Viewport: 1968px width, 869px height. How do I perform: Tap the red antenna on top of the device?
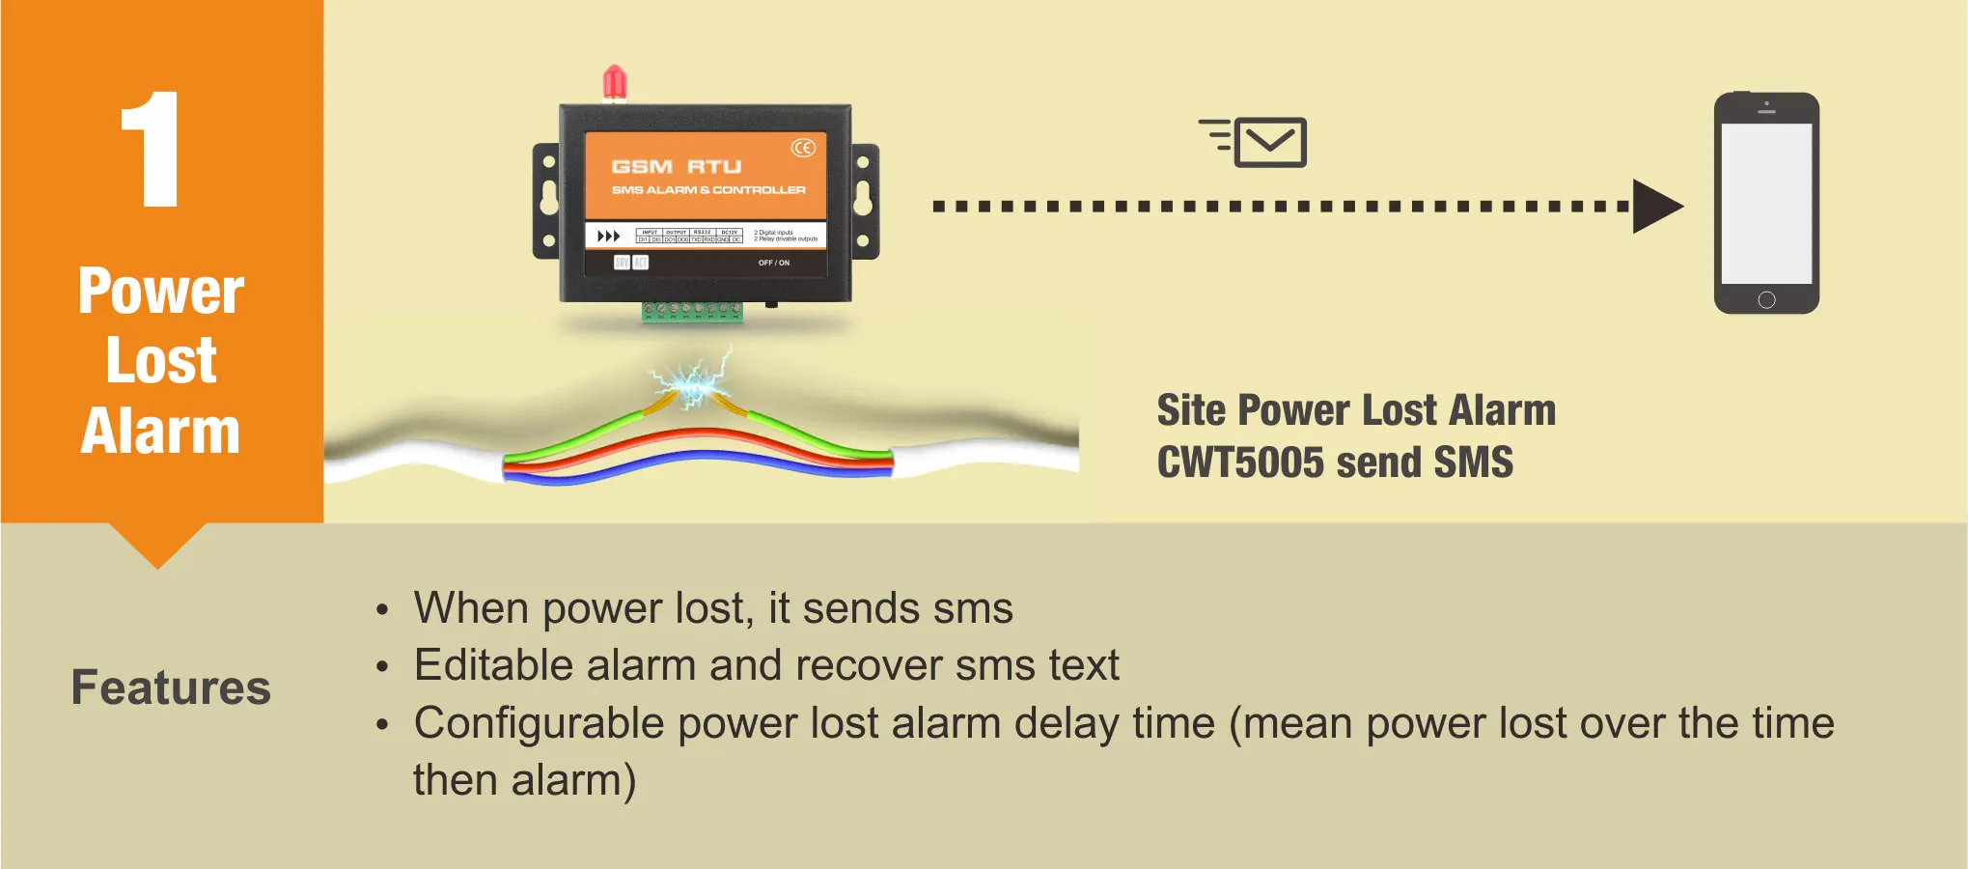[614, 84]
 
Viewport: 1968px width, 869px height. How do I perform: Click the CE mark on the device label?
[803, 148]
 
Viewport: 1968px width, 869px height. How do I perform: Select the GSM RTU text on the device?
[677, 167]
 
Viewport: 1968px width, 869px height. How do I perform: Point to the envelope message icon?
[1269, 143]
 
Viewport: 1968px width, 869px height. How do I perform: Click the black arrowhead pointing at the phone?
[1656, 206]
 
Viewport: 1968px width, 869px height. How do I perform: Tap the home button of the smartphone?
[1766, 299]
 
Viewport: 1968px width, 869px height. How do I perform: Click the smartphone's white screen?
[1766, 203]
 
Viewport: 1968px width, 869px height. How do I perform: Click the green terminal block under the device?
[692, 311]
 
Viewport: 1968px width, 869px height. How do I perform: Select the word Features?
[171, 687]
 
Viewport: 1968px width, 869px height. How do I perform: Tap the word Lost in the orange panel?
[161, 361]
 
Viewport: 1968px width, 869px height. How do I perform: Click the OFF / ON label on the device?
[773, 263]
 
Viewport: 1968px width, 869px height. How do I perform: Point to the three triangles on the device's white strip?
[608, 237]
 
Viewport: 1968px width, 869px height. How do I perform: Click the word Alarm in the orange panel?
[160, 431]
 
